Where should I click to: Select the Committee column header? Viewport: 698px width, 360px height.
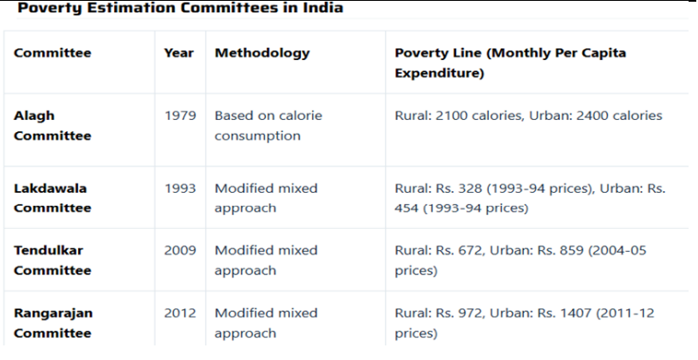[52, 53]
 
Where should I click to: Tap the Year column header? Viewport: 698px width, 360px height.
[178, 53]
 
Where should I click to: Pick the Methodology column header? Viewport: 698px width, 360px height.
[262, 53]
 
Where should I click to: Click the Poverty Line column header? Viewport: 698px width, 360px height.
[509, 63]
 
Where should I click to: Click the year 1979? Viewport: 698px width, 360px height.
[178, 116]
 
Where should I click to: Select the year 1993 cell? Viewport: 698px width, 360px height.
[178, 189]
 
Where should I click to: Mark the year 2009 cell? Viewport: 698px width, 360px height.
[178, 251]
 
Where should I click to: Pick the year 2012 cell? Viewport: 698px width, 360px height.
[178, 314]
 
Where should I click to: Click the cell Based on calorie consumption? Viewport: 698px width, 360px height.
[268, 125]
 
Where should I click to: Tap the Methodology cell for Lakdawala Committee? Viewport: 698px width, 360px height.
[266, 198]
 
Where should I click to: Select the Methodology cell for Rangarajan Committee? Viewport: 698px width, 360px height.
[266, 324]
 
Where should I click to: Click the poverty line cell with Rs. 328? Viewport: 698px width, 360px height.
[522, 198]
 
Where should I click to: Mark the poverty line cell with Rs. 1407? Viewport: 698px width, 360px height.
[522, 324]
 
